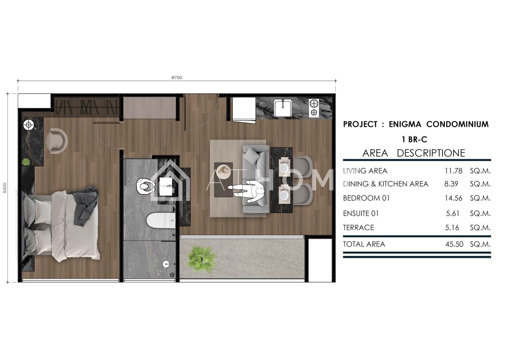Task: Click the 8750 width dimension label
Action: click(x=177, y=78)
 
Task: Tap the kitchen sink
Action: click(x=283, y=108)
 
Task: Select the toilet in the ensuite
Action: click(x=161, y=220)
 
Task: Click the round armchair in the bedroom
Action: click(x=56, y=141)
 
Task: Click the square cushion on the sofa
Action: click(x=252, y=156)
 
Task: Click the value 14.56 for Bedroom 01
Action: click(x=453, y=198)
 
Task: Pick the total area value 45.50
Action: click(x=454, y=244)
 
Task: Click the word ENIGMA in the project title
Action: click(x=405, y=125)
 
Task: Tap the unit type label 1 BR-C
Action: click(x=414, y=139)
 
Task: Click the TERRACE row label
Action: click(x=358, y=228)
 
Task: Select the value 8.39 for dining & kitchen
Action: click(x=451, y=184)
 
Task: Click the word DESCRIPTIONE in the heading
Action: click(x=431, y=153)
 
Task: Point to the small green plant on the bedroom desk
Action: click(x=26, y=162)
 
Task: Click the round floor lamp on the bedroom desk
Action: click(x=29, y=125)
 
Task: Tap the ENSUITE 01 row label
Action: click(x=361, y=214)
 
